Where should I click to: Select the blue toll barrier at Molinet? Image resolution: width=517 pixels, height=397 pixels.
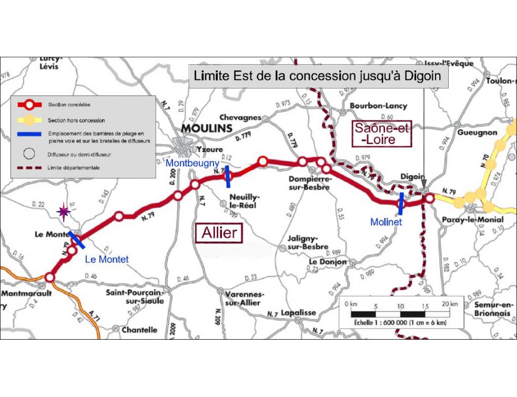[401, 203]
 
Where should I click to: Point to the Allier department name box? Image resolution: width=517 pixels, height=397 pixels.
[220, 232]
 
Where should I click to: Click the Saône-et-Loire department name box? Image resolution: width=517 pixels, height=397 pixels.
[382, 134]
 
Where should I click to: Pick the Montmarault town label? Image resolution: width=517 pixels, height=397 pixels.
[26, 293]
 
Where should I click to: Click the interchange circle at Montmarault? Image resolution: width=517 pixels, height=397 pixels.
[50, 277]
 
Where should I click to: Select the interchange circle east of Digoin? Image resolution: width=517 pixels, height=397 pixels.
[429, 198]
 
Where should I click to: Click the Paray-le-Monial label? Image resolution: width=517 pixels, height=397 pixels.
[473, 220]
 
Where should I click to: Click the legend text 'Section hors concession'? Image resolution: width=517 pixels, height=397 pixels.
[76, 120]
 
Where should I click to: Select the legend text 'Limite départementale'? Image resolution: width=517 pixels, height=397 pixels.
[73, 168]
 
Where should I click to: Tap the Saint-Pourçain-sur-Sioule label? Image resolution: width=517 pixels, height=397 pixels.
[135, 296]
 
